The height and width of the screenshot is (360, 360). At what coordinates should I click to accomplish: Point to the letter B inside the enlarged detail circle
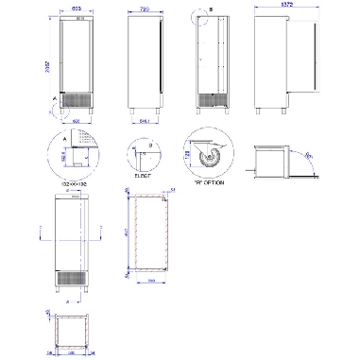[x=149, y=144]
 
